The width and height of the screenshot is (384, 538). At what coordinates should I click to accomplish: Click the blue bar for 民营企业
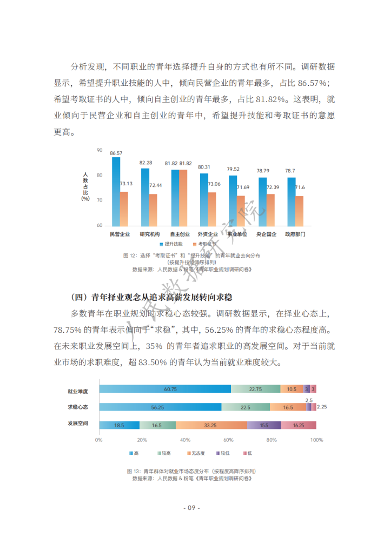116,191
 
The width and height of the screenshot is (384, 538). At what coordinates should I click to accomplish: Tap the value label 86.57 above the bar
116,153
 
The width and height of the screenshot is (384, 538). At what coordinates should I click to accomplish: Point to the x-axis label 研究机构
149,234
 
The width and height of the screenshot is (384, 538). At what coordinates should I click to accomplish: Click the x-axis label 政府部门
295,234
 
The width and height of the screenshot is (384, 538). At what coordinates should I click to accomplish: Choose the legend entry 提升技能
171,245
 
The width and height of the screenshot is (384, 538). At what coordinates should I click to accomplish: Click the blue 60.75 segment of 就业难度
164,389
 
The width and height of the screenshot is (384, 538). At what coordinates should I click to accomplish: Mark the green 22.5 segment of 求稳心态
245,407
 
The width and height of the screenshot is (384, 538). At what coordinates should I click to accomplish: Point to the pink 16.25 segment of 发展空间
299,425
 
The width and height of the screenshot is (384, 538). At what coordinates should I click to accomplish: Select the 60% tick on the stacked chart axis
229,440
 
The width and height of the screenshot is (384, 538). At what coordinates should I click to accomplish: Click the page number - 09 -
192,508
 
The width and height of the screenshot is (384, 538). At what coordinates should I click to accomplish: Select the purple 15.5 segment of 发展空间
264,425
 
